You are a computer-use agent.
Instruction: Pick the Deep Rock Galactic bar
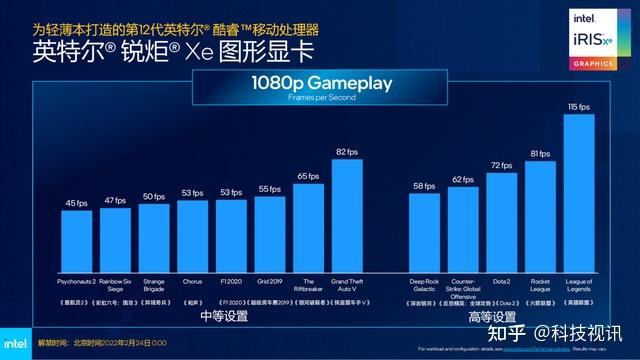pos(424,228)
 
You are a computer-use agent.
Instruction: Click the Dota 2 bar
pos(502,217)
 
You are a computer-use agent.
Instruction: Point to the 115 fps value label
pos(579,106)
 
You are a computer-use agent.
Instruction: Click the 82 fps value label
pos(346,151)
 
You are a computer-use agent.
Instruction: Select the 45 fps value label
pos(77,203)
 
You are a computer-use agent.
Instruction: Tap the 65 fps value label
pos(308,176)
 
